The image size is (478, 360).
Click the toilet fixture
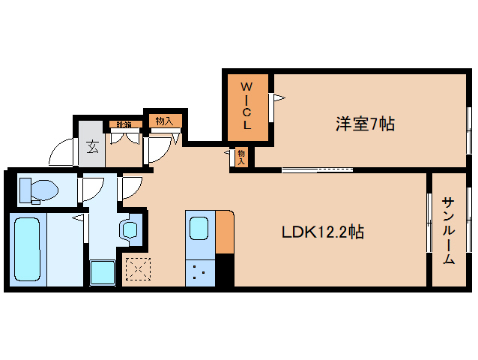click(36, 190)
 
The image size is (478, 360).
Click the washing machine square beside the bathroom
click(101, 273)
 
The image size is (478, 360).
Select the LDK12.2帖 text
click(323, 232)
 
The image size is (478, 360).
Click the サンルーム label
click(448, 230)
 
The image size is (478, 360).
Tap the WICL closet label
click(246, 106)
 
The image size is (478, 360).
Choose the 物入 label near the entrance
click(163, 120)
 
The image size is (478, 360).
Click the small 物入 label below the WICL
click(242, 156)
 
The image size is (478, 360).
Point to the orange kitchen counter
click(224, 233)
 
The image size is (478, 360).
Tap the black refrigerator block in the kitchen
click(225, 271)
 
